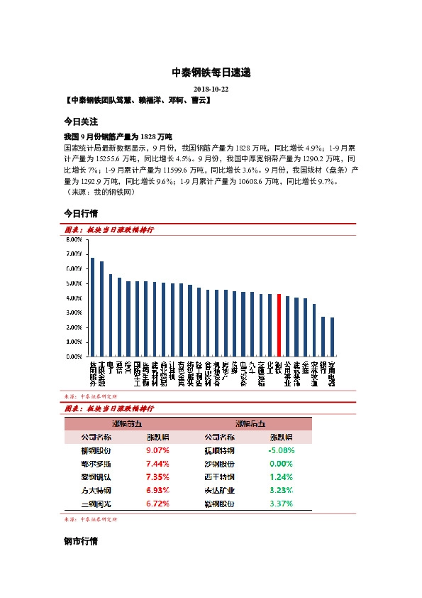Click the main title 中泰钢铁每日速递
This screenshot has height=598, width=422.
(x=211, y=72)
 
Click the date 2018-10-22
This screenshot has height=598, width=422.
(x=211, y=89)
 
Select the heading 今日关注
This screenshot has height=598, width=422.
(x=80, y=121)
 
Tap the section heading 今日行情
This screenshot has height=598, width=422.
(x=80, y=213)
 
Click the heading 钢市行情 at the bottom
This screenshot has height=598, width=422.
(x=80, y=542)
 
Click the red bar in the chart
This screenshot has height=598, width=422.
(x=279, y=325)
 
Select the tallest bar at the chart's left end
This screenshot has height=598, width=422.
(x=92, y=307)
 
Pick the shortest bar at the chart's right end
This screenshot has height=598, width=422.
(x=332, y=337)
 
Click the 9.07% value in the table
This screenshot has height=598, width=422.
(x=157, y=450)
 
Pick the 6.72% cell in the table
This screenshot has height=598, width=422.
(x=157, y=503)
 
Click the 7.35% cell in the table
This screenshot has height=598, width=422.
(x=157, y=477)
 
